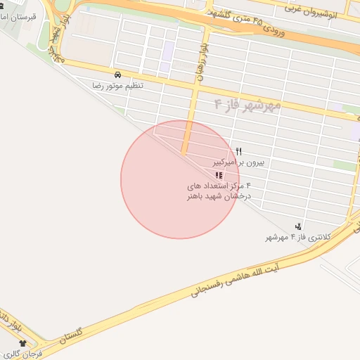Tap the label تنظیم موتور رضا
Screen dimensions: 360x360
coord(117,85)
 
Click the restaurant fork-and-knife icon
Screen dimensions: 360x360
coord(239,151)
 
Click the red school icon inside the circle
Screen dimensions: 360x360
coord(219,175)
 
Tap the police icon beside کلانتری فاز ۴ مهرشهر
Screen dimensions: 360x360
coord(300,226)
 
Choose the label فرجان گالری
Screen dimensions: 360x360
coord(28,353)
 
